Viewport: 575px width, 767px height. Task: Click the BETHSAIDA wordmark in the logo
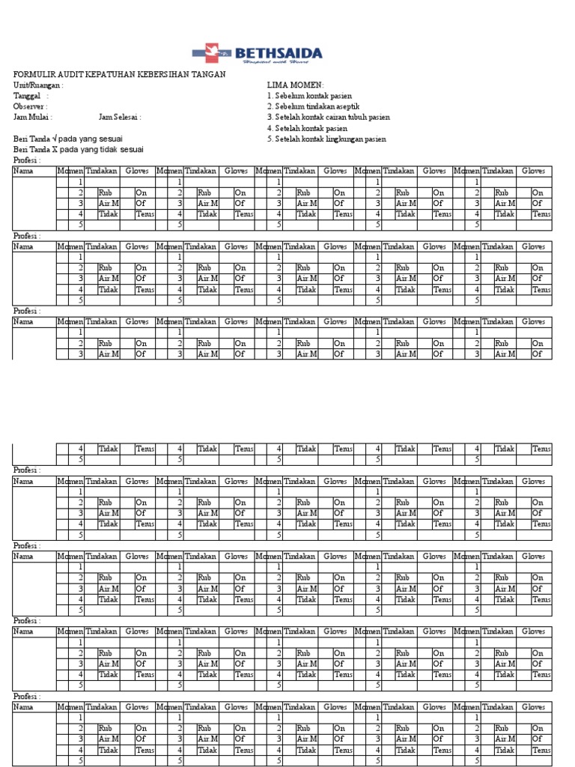(279, 53)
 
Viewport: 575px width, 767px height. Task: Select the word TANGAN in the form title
(207, 75)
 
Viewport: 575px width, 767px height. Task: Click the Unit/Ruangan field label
(38, 85)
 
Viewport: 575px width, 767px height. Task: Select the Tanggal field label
(28, 96)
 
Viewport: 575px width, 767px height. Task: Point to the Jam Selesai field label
(119, 118)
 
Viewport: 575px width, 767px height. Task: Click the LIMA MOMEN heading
(295, 85)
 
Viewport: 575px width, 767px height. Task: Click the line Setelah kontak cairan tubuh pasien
(328, 118)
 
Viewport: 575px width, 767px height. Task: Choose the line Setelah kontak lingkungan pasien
(326, 139)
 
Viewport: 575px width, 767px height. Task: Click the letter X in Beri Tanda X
(54, 150)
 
